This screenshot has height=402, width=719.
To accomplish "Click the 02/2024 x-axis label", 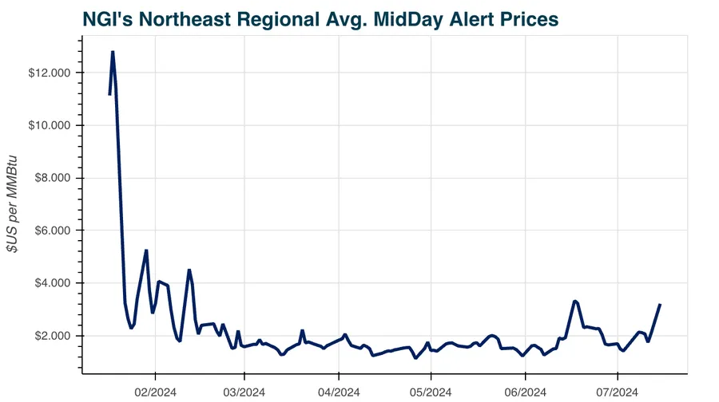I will coord(155,392).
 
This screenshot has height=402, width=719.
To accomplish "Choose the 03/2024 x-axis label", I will coord(244,392).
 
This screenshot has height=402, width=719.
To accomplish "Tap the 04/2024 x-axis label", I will coord(339,392).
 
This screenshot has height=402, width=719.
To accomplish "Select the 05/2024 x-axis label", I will coord(431,392).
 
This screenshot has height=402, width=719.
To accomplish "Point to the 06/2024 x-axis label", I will coord(526,392).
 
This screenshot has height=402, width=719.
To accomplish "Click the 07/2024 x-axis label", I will coord(618,392).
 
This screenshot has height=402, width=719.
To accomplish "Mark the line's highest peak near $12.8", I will coord(113,52).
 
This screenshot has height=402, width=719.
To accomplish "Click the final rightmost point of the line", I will coord(660,304).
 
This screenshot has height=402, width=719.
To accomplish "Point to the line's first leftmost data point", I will coord(109,95).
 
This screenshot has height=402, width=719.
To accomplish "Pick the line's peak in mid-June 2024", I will coord(575,301).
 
